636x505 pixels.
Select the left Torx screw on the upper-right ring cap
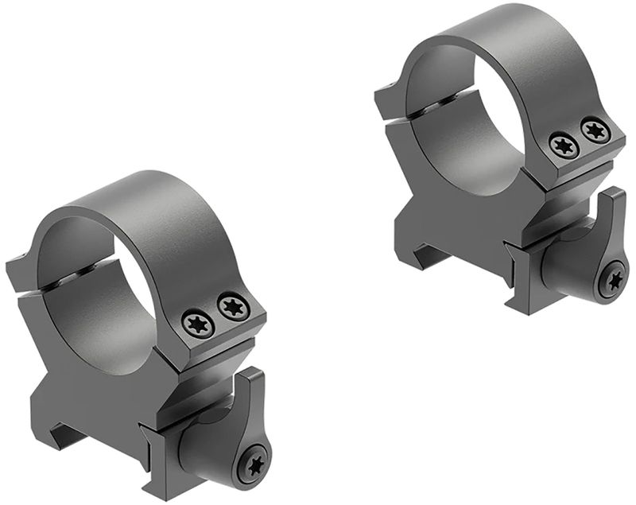[563, 145]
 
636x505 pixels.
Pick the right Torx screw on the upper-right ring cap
[595, 130]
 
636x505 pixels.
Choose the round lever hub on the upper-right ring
[568, 270]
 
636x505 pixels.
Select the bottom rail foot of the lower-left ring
[159, 477]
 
